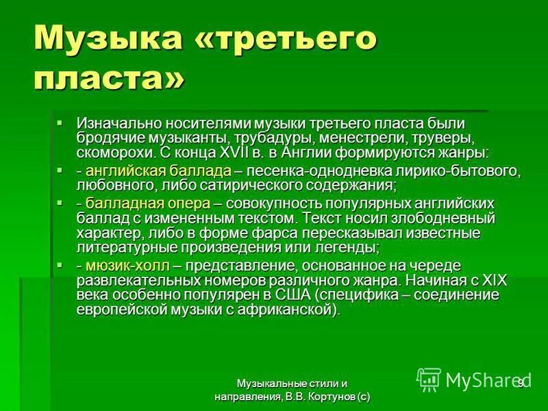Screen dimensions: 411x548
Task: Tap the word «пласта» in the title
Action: click(101, 77)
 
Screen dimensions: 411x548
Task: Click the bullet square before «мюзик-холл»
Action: click(60, 264)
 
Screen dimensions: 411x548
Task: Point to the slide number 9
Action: click(521, 382)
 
